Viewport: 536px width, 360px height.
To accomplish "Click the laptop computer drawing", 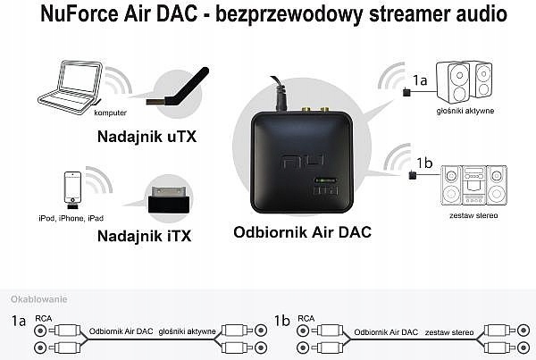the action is (71, 88).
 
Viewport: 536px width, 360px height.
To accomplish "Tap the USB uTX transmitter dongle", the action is (178, 88).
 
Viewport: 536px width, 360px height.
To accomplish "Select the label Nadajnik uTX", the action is (147, 137).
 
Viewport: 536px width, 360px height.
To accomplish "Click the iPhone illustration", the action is (73, 190).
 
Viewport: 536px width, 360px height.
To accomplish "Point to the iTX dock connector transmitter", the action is (169, 199).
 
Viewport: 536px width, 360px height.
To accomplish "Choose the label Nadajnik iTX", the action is (144, 236).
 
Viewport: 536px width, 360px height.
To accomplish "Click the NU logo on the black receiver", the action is (303, 161).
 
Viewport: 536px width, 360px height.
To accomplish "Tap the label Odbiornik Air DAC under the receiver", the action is (302, 232).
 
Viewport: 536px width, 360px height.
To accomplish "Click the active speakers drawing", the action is (465, 82).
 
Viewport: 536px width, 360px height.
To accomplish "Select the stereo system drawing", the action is (473, 185).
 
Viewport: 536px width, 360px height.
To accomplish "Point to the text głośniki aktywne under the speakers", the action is (465, 111).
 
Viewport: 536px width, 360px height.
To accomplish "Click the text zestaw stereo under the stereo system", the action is (473, 215).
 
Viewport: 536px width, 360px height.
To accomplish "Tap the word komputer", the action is (110, 113).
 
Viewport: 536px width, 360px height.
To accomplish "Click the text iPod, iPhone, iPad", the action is (71, 218).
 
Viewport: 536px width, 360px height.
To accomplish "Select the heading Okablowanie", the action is (39, 299).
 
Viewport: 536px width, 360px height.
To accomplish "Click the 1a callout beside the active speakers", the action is (420, 80).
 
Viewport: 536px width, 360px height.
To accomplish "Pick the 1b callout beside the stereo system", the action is (424, 163).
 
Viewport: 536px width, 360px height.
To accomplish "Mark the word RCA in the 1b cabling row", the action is (306, 319).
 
